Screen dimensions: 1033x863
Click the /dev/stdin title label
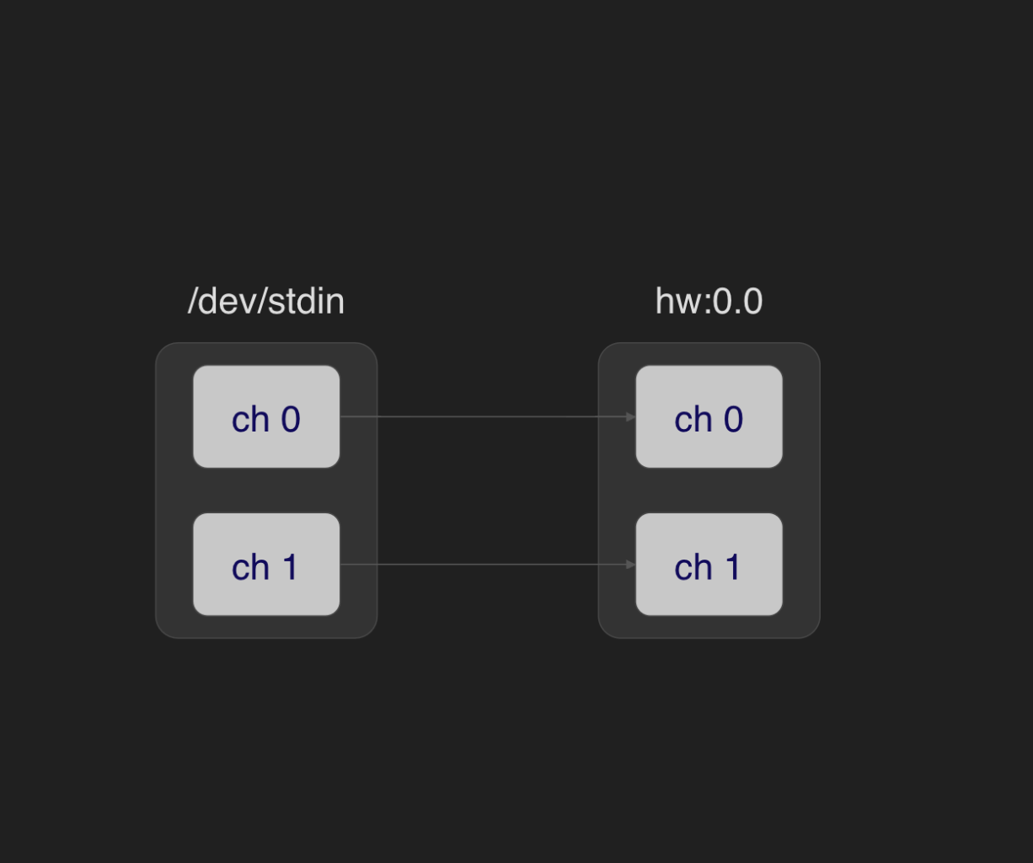click(x=266, y=301)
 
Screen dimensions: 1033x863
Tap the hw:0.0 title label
click(x=709, y=301)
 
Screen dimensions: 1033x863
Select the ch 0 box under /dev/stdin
click(x=266, y=416)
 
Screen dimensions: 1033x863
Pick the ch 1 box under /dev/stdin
click(x=266, y=564)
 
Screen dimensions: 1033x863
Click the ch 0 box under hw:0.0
click(x=709, y=416)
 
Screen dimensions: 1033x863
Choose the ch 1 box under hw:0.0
click(x=709, y=564)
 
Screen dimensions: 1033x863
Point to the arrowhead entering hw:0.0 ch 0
click(x=631, y=416)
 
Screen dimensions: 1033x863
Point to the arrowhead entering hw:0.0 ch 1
click(x=631, y=564)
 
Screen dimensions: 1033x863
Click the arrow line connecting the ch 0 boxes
click(x=488, y=416)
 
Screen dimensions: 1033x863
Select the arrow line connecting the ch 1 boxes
click(x=488, y=564)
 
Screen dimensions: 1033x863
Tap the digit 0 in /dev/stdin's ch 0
click(x=291, y=420)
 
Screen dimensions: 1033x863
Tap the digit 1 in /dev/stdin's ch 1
click(x=290, y=567)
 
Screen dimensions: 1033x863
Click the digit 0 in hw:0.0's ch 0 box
click(x=733, y=420)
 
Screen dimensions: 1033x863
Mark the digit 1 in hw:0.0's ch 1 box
click(x=733, y=567)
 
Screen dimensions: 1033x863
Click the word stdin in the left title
click(x=307, y=301)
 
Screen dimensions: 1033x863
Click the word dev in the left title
click(x=227, y=301)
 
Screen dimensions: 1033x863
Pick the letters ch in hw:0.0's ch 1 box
click(x=693, y=567)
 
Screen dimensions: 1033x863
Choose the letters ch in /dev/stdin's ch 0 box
click(x=250, y=420)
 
